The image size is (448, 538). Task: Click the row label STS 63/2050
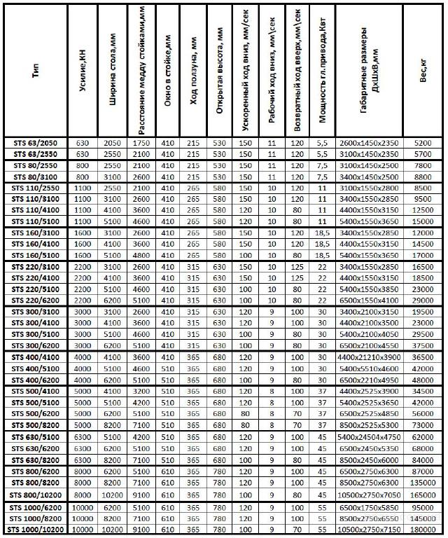click(x=35, y=143)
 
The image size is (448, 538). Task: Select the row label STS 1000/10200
click(x=35, y=528)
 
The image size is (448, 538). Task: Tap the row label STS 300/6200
click(x=35, y=345)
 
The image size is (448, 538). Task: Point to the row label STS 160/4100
click(x=35, y=244)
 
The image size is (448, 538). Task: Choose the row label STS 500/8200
click(x=35, y=425)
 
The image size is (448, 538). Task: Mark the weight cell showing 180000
click(x=423, y=528)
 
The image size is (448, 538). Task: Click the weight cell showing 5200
click(x=423, y=143)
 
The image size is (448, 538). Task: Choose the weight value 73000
click(x=423, y=425)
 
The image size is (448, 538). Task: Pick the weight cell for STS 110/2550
click(x=423, y=188)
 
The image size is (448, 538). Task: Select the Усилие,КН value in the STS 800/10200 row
click(x=83, y=494)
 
